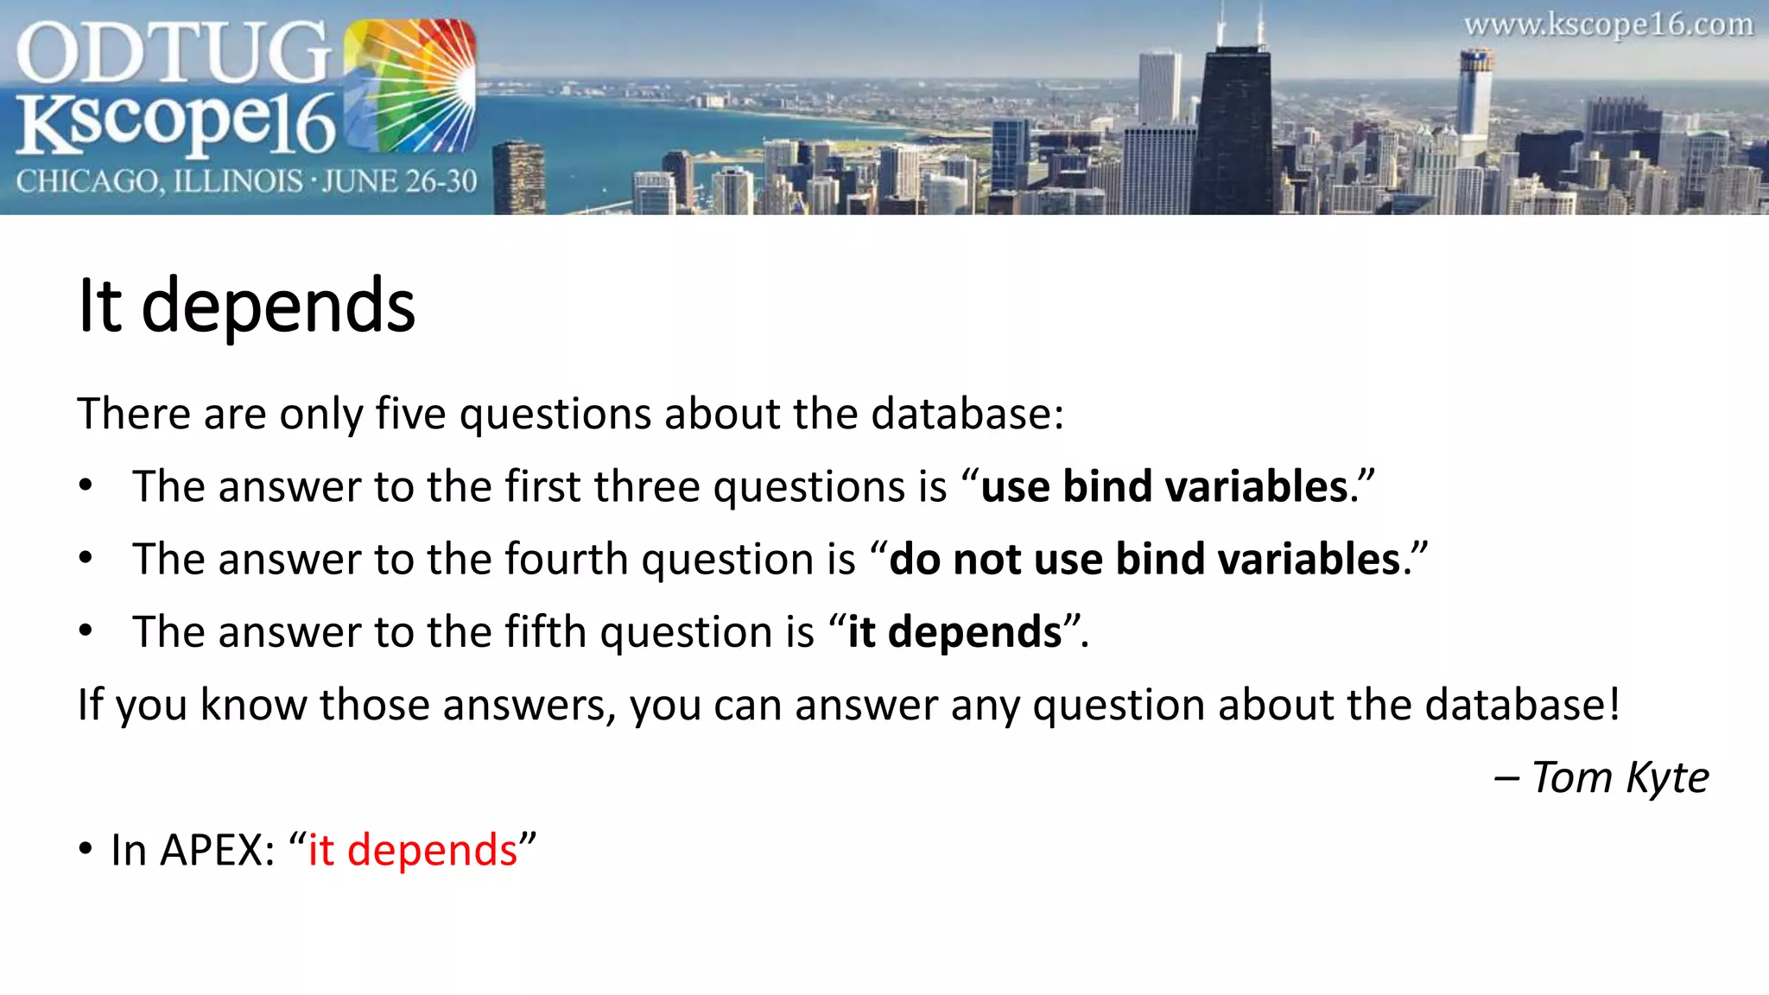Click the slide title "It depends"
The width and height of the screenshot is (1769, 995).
(246, 306)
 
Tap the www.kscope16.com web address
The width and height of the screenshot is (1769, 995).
(1608, 25)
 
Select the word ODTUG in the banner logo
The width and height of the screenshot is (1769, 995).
(173, 54)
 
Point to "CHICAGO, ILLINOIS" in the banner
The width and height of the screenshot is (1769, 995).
(160, 181)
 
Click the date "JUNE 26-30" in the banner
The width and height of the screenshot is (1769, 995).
(400, 181)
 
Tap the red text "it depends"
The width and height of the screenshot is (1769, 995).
(413, 850)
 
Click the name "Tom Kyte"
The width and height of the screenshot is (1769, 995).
(1620, 777)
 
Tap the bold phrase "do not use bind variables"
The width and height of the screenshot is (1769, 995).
(1144, 559)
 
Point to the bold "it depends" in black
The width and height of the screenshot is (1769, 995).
(954, 631)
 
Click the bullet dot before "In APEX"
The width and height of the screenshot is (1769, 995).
(85, 849)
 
